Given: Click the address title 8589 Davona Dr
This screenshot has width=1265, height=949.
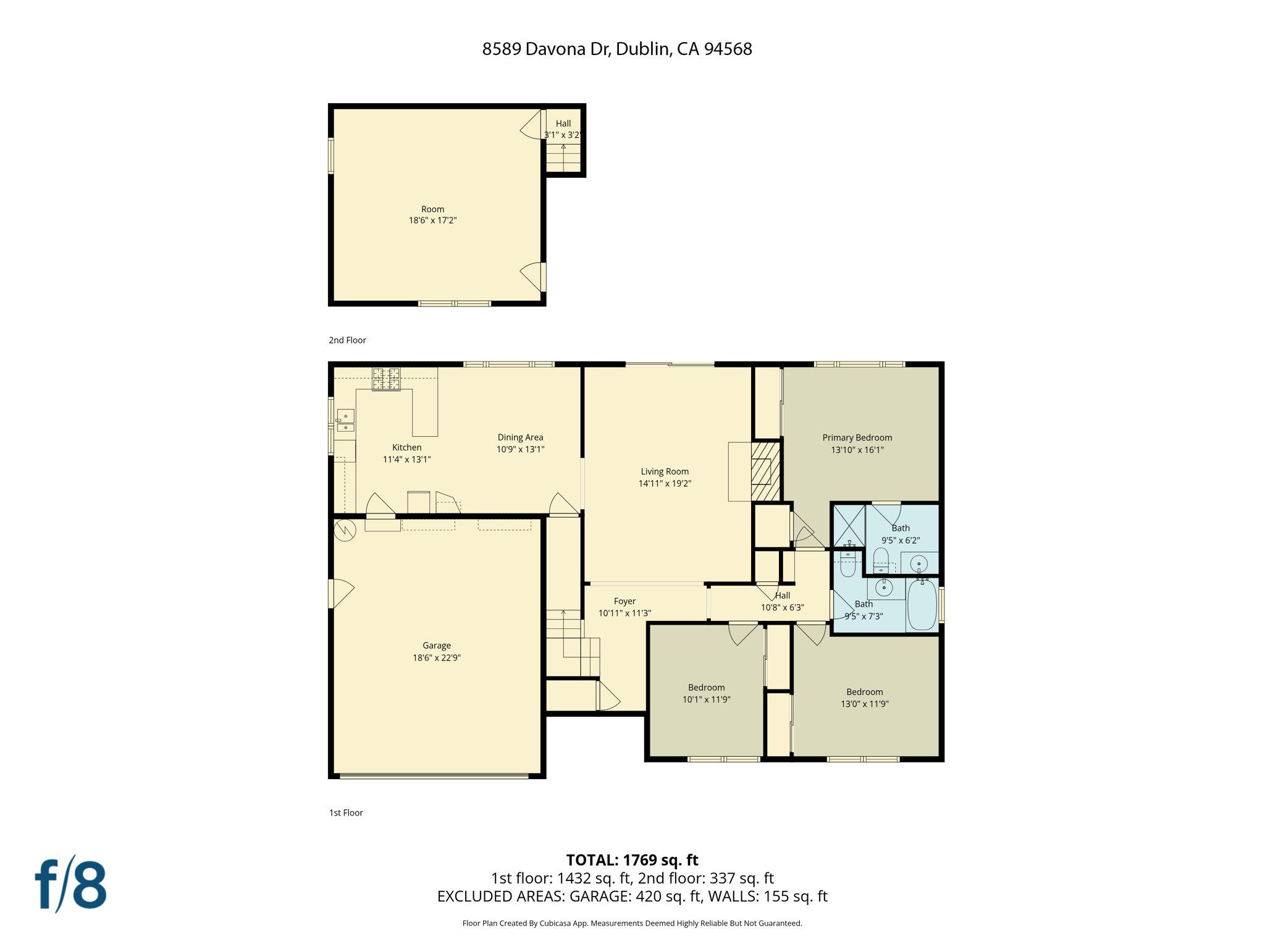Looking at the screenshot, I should pos(616,49).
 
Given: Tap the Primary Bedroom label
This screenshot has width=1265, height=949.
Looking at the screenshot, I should pos(857,437).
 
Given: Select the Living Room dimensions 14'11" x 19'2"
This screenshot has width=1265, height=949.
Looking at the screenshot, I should pos(664,483).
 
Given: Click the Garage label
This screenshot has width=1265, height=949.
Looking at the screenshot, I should pos(436,645).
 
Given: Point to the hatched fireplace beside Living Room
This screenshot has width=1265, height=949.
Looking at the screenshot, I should pos(765,471).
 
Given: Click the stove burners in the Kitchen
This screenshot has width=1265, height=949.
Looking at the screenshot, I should pos(386,379).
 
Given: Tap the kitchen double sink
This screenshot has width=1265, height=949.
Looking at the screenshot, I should pos(345,421).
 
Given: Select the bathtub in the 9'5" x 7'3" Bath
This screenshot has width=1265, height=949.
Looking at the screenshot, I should pos(922,604).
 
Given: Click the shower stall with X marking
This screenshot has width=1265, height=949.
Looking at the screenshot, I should pos(849,526).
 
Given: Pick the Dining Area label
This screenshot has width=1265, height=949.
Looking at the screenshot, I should pos(520,437).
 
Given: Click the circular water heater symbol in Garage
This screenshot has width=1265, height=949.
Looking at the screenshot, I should pos(345,530).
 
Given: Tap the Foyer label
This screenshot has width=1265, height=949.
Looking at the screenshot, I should pos(624,601).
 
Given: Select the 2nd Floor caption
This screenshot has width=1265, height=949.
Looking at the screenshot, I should pos(347,340).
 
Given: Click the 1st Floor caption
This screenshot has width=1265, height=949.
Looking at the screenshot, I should pos(346,812).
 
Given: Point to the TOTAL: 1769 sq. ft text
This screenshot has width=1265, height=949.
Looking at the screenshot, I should pos(632,859).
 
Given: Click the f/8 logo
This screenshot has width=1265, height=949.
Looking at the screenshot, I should pos(71,885).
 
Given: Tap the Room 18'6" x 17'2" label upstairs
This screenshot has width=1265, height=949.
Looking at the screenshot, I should pos(432,214).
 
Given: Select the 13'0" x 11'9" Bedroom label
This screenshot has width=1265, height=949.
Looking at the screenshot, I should pos(864,698).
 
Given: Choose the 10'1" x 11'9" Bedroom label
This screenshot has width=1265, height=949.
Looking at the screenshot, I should pos(706,693).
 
